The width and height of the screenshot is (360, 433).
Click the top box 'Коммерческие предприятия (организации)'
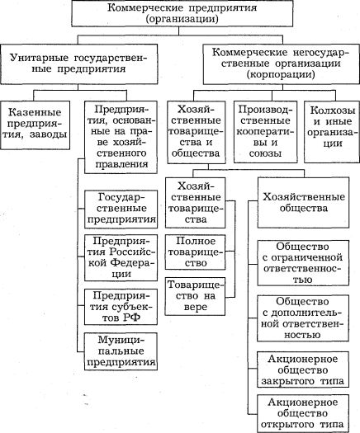pyautogui.click(x=182, y=13)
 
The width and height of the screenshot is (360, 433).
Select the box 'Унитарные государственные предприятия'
pyautogui.click(x=79, y=64)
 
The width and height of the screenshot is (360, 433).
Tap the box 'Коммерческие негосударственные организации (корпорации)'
pyautogui.click(x=282, y=64)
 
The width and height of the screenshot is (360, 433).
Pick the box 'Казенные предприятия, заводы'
pyautogui.click(x=36, y=125)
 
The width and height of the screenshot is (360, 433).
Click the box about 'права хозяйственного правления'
pyautogui.click(x=121, y=137)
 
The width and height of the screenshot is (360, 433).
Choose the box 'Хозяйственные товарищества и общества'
pyautogui.click(x=197, y=132)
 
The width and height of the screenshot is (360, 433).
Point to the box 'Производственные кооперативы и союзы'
pyautogui.click(x=266, y=132)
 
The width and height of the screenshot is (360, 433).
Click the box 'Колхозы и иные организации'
pyautogui.click(x=332, y=132)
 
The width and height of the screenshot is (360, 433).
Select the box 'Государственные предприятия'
pyautogui.click(x=121, y=209)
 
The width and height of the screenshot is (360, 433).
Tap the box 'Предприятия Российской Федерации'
pyautogui.click(x=121, y=258)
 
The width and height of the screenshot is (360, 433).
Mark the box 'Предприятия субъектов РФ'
pyautogui.click(x=121, y=307)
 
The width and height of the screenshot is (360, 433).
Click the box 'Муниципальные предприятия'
pyautogui.click(x=121, y=351)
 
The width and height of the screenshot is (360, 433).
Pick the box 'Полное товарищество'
pyautogui.click(x=195, y=252)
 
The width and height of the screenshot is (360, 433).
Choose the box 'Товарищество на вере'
pyautogui.click(x=195, y=296)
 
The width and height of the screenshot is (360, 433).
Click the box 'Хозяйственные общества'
pyautogui.click(x=303, y=203)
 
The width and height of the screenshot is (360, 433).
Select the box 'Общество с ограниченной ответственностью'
pyautogui.click(x=303, y=263)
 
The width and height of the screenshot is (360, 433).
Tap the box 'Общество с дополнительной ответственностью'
pyautogui.click(x=303, y=318)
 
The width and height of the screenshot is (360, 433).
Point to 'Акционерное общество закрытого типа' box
pyautogui.click(x=303, y=369)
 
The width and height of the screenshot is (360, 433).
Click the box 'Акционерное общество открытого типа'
pyautogui.click(x=303, y=413)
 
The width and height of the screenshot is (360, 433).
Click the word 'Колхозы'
pyautogui.click(x=333, y=111)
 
